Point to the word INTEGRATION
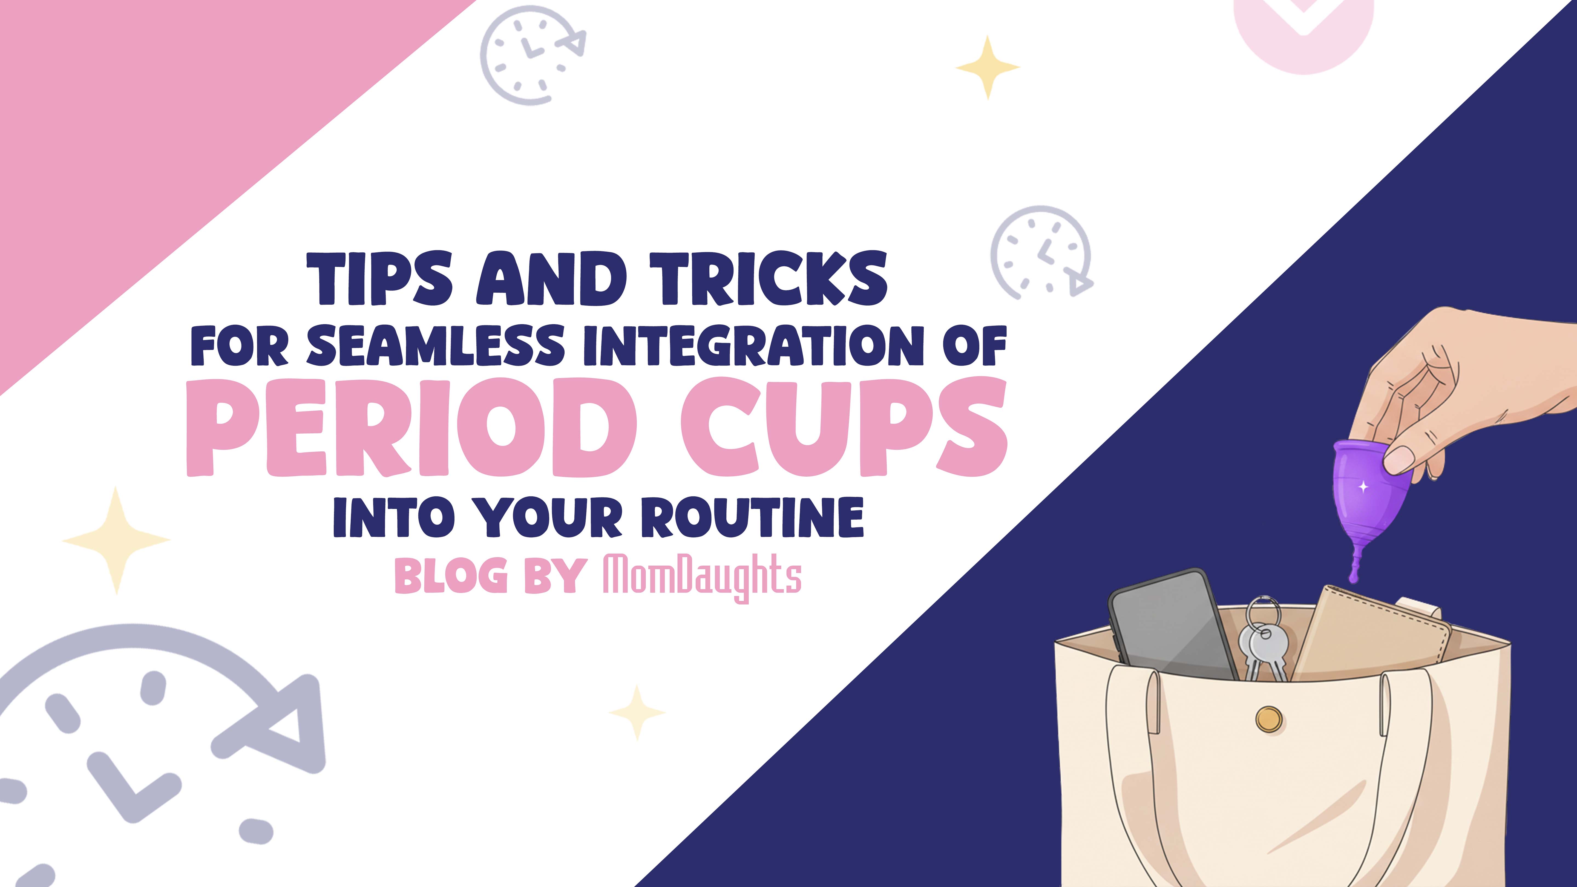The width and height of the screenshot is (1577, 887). coord(753,346)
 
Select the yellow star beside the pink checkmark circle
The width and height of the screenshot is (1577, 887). coord(988,67)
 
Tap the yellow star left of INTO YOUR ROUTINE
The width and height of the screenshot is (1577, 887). coord(116,540)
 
